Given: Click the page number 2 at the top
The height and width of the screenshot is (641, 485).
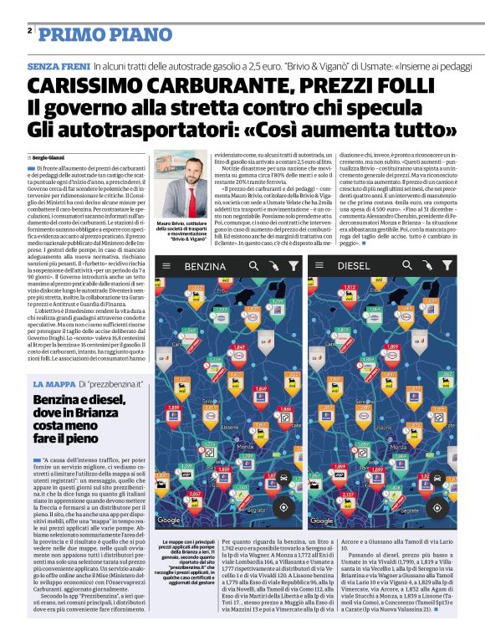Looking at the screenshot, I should [29, 30].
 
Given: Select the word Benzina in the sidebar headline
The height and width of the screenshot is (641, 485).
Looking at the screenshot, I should [59, 402].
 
